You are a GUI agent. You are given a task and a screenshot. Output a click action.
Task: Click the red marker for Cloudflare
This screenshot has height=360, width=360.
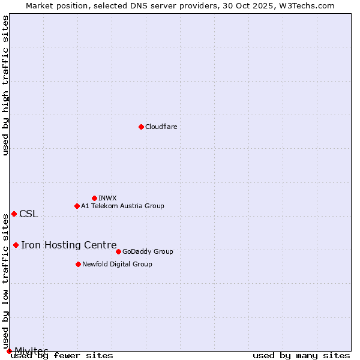141,127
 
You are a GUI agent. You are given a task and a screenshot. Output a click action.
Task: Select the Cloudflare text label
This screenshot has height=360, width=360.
161,127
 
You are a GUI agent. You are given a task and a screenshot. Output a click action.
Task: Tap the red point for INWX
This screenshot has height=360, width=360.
94,198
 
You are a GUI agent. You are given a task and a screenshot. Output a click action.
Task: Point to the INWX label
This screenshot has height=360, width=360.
107,198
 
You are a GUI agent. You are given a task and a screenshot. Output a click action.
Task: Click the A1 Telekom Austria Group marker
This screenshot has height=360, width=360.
77,206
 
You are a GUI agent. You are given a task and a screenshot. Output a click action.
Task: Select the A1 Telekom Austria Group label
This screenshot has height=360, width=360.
122,206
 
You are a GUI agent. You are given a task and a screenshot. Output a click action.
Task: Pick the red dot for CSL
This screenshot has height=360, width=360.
14,214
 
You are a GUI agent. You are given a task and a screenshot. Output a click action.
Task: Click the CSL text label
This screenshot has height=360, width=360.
28,214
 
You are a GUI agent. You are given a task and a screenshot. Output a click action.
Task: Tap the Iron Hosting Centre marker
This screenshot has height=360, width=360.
16,245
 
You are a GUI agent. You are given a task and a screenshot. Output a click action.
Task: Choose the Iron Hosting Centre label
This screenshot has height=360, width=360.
68,245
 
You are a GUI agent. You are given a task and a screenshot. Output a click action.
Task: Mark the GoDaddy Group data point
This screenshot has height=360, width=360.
118,251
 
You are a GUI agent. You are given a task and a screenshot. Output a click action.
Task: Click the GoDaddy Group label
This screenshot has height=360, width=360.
148,251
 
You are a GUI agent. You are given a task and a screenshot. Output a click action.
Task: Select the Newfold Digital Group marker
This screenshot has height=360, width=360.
78,264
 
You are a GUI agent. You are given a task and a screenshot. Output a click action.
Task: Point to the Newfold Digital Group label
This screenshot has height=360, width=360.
117,264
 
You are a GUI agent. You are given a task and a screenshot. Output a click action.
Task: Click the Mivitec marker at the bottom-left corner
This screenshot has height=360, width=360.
9,351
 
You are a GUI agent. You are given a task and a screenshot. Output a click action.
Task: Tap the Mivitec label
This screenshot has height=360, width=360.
31,350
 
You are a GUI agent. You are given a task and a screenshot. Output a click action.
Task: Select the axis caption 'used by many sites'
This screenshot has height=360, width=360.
301,356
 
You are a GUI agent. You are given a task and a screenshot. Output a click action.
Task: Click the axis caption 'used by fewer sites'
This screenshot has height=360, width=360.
62,356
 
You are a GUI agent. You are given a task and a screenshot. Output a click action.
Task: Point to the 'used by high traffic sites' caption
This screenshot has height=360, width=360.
5,85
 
